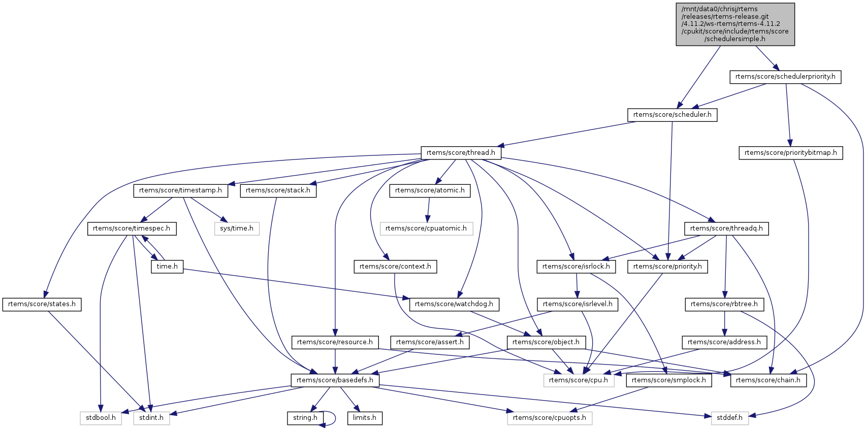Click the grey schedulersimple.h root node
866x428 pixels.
pyautogui.click(x=735, y=24)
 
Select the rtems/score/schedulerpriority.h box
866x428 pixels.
pyautogui.click(x=785, y=77)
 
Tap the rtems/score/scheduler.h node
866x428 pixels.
pyautogui.click(x=672, y=115)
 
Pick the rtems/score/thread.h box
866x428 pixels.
pyautogui.click(x=461, y=152)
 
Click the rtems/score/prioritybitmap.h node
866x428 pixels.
pyautogui.click(x=790, y=153)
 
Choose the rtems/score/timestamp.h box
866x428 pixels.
pyautogui.click(x=180, y=190)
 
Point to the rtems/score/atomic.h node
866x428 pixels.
pyautogui.click(x=430, y=190)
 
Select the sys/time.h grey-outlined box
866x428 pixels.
pyautogui.click(x=237, y=228)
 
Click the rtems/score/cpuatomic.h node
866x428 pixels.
pyautogui.click(x=426, y=228)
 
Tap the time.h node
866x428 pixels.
pyautogui.click(x=167, y=267)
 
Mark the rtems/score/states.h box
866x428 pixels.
pyautogui.click(x=42, y=304)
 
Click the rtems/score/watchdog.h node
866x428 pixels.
pyautogui.click(x=454, y=304)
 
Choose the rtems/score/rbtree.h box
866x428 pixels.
pyautogui.click(x=724, y=304)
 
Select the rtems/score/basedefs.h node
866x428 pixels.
pyautogui.click(x=335, y=380)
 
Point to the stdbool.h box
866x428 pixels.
pyautogui.click(x=101, y=418)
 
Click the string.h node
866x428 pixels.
pyautogui.click(x=305, y=418)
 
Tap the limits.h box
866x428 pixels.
pyautogui.click(x=365, y=418)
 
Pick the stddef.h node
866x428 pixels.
pyautogui.click(x=730, y=418)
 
